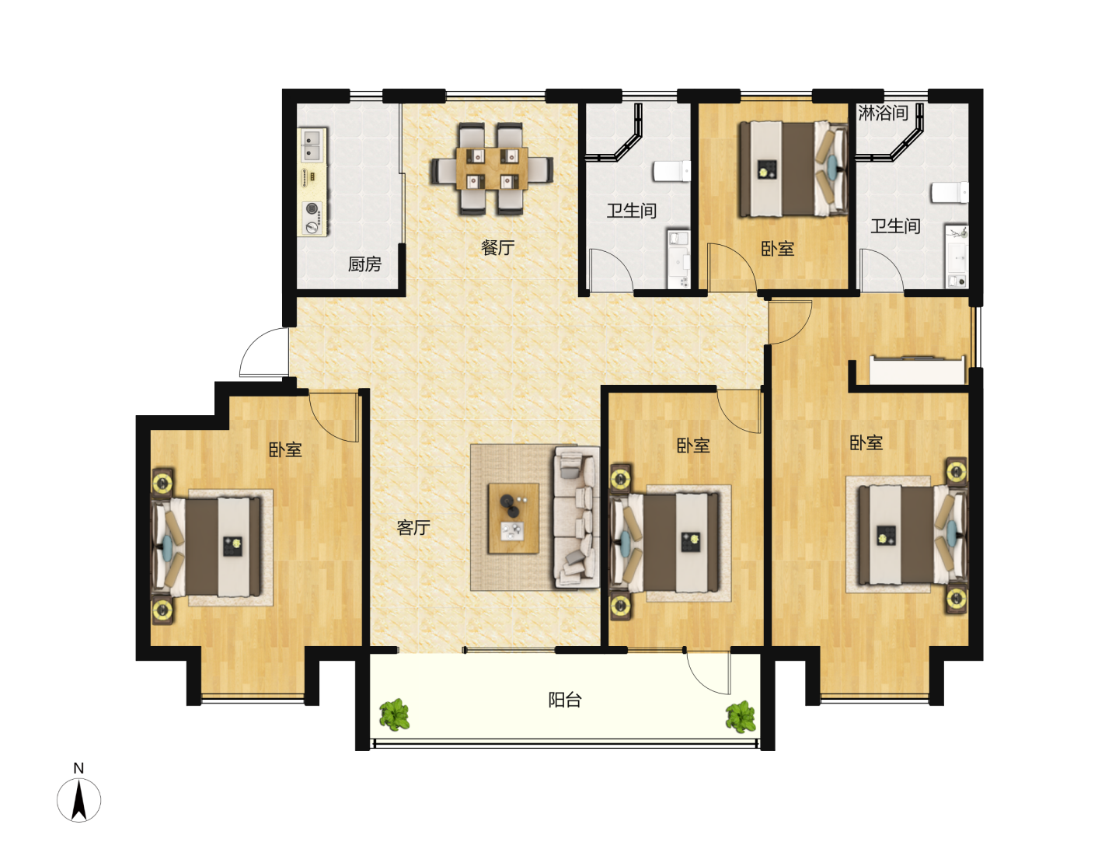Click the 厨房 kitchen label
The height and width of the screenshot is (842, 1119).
(x=364, y=264)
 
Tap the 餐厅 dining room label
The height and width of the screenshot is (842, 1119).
(x=497, y=248)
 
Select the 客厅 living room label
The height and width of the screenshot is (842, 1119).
(x=413, y=527)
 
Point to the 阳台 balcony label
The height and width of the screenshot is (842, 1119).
(x=565, y=700)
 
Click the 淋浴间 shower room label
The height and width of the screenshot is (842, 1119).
(x=883, y=113)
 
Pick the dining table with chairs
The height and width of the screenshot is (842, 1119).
(x=492, y=168)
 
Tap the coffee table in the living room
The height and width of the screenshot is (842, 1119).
(x=514, y=518)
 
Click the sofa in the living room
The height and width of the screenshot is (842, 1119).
(x=577, y=517)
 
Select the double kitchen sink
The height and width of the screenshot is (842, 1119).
(x=312, y=145)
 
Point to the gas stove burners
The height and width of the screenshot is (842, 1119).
(x=312, y=218)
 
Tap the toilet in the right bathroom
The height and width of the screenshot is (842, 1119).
(x=950, y=193)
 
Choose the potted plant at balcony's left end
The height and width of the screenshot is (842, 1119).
(x=394, y=715)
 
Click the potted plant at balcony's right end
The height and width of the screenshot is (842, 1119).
(x=741, y=717)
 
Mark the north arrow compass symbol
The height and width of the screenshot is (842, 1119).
(x=78, y=800)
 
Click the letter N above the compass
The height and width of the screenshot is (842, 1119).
(x=78, y=768)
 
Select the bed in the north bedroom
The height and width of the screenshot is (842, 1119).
(x=793, y=169)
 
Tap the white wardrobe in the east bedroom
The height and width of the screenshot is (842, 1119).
(x=918, y=370)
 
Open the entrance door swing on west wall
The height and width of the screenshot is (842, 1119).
(x=263, y=352)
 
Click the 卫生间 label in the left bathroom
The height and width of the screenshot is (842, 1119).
(x=631, y=211)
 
